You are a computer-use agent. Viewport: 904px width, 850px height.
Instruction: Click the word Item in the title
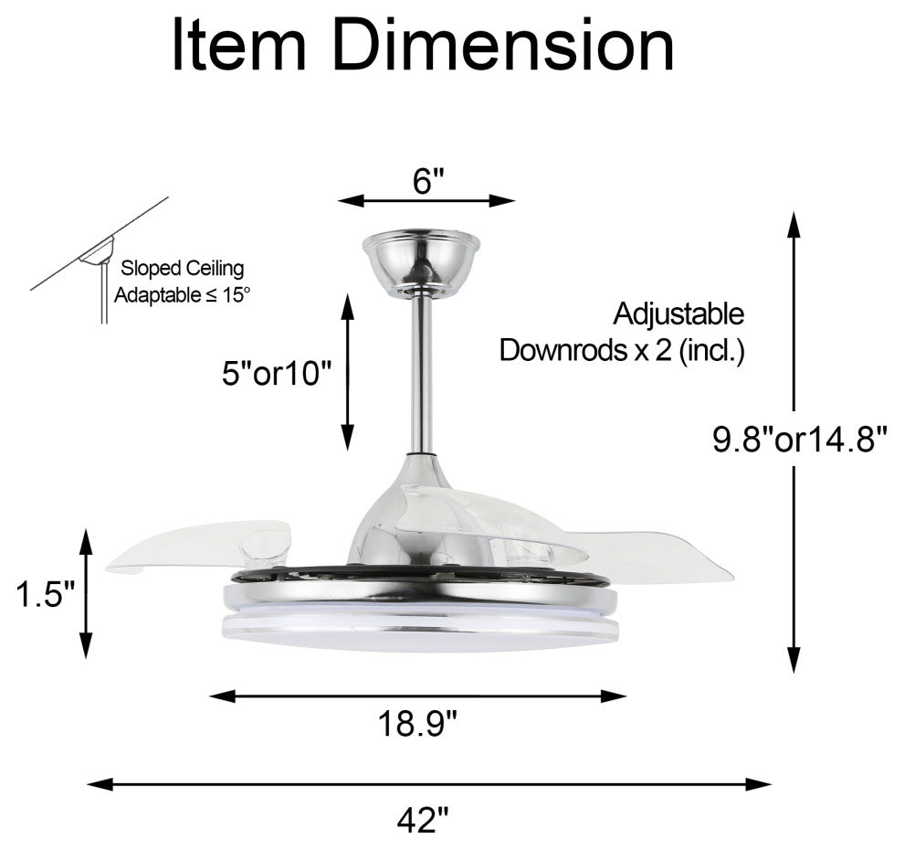coord(240,47)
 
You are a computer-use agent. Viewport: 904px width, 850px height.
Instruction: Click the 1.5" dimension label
coord(44,595)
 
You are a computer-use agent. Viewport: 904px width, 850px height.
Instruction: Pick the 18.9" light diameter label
coord(418,725)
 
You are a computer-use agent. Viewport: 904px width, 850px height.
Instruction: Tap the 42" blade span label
coord(423,818)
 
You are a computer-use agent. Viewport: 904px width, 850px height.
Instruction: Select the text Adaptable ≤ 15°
coord(181,294)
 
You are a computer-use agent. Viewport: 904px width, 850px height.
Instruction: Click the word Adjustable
coord(678,314)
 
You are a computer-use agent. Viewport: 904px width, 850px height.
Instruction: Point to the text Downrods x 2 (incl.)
coord(622,351)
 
